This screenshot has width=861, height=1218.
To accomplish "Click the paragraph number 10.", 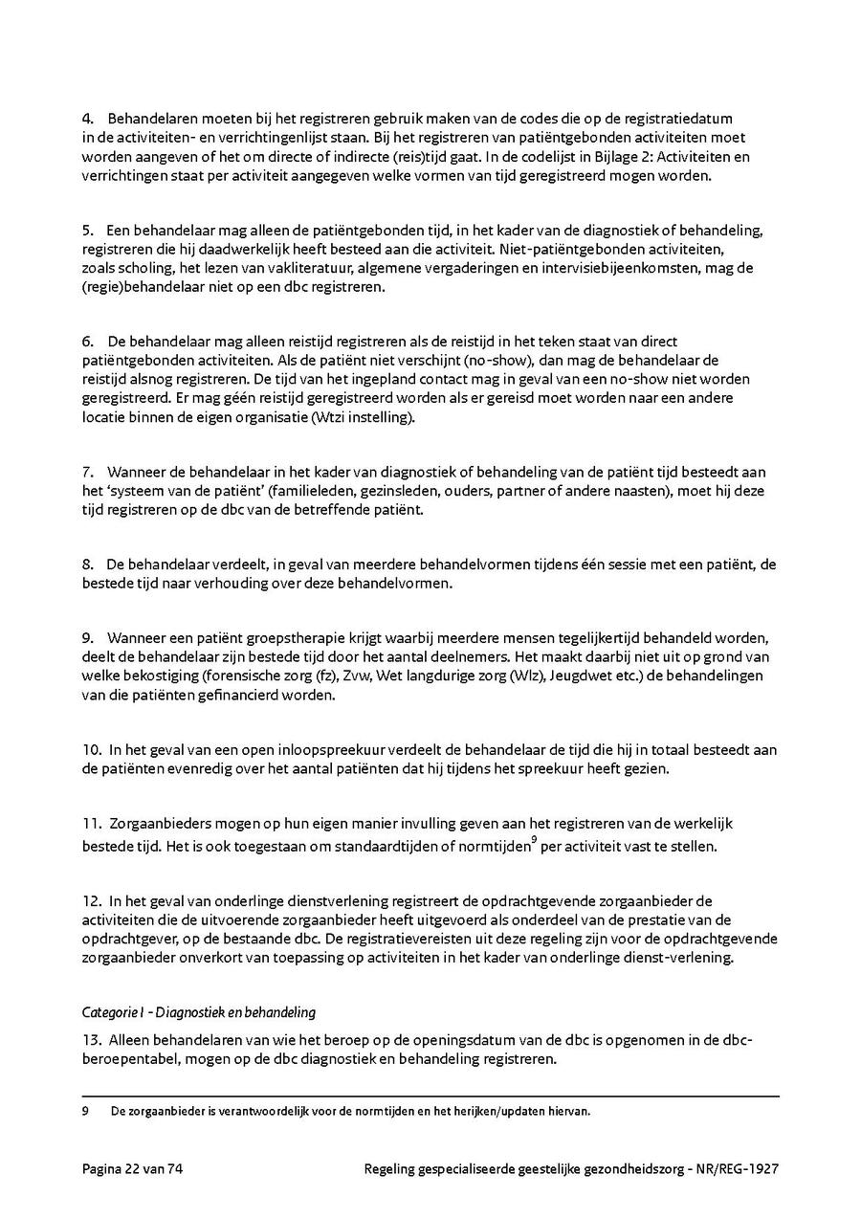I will coord(92,749).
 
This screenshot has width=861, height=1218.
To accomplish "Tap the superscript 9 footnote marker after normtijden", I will coord(534,838).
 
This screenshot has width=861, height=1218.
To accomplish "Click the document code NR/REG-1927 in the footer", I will coord(736,1169).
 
